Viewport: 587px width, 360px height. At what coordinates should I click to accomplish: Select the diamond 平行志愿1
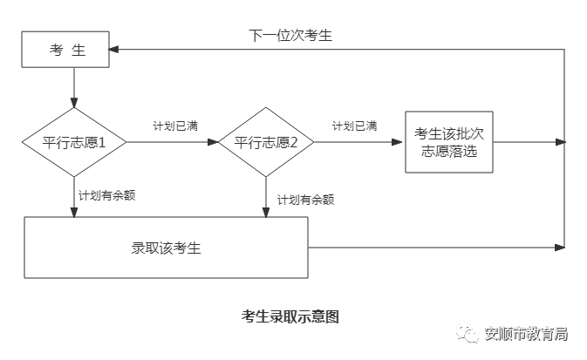(x=75, y=142)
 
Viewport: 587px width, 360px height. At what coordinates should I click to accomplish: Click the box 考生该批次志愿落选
(x=448, y=142)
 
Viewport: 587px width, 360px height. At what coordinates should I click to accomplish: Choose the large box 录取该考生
(x=166, y=248)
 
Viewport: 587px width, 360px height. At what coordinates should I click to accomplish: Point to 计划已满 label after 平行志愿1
(x=174, y=126)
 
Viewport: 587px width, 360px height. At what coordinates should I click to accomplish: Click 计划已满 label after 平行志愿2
(x=354, y=126)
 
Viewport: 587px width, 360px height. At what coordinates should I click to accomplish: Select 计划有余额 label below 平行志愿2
(x=305, y=200)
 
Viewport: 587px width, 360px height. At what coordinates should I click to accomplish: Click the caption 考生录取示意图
(x=290, y=316)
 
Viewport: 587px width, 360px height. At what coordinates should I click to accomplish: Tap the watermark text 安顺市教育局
(x=526, y=333)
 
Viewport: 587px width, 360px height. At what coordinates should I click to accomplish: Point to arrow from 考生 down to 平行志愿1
(x=75, y=87)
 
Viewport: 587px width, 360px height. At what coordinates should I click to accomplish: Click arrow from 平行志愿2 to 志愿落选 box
(x=358, y=142)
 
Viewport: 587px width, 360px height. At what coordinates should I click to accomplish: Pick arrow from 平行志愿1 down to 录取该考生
(x=75, y=196)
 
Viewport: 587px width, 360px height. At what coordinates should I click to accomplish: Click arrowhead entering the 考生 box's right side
(x=116, y=50)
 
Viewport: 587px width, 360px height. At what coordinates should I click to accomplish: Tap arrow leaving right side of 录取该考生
(x=436, y=248)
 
